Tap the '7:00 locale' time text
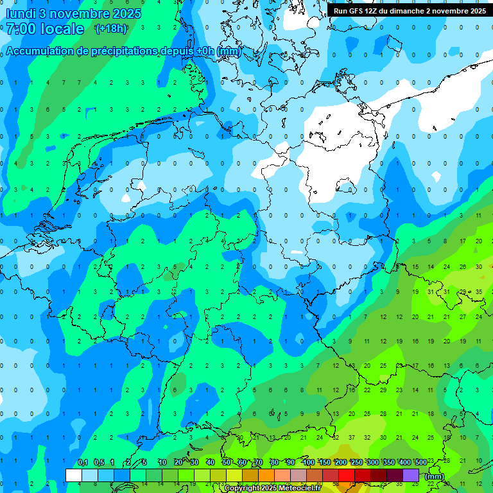click(45, 29)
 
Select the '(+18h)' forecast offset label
click(111, 29)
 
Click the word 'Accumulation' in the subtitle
click(40, 51)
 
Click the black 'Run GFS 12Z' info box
click(410, 10)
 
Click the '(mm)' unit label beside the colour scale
click(435, 476)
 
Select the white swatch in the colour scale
click(74, 475)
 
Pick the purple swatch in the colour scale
click(411, 475)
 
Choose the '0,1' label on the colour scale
click(82, 463)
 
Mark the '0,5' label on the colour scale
click(98, 463)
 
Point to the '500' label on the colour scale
click(420, 463)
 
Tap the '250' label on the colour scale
click(356, 463)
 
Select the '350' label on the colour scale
click(388, 463)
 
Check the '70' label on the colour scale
click(259, 463)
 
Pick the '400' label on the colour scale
click(404, 463)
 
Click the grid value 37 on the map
click(351, 438)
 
